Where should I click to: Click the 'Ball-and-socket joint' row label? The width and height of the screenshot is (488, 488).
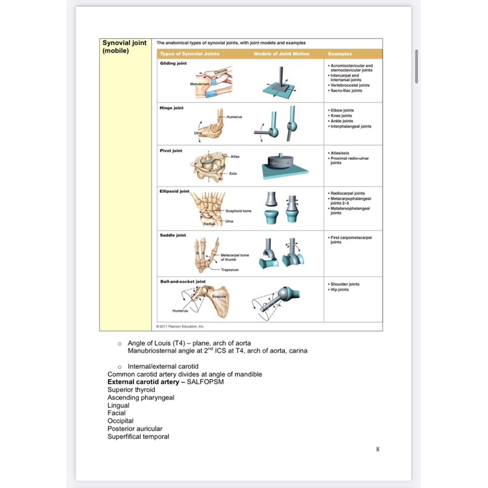(182, 281)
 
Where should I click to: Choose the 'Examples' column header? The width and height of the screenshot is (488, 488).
(340, 54)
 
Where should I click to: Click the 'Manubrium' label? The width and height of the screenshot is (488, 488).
(199, 82)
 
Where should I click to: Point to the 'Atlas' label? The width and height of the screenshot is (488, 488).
(235, 157)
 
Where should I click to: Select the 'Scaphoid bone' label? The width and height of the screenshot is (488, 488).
(238, 211)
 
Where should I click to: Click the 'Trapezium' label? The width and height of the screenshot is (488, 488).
(229, 269)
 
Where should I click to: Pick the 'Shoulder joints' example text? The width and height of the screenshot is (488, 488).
(345, 284)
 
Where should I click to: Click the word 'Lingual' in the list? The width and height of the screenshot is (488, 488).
(118, 405)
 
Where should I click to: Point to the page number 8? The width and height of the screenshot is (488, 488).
(378, 450)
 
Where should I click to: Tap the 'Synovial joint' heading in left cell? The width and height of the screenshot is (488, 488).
(124, 43)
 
